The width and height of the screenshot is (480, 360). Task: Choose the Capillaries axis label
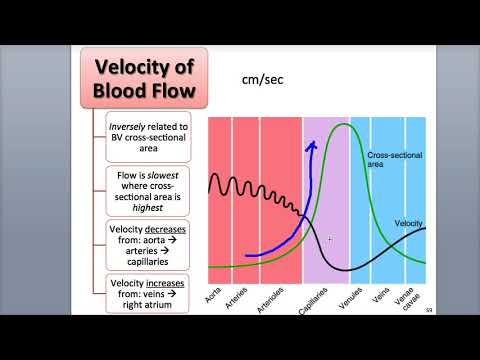tap(313, 300)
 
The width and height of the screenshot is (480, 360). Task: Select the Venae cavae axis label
tap(406, 297)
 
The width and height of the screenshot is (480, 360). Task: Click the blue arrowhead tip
tap(312, 144)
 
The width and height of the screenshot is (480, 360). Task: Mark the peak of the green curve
tap(344, 124)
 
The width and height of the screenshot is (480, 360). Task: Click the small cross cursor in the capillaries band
tap(329, 239)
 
